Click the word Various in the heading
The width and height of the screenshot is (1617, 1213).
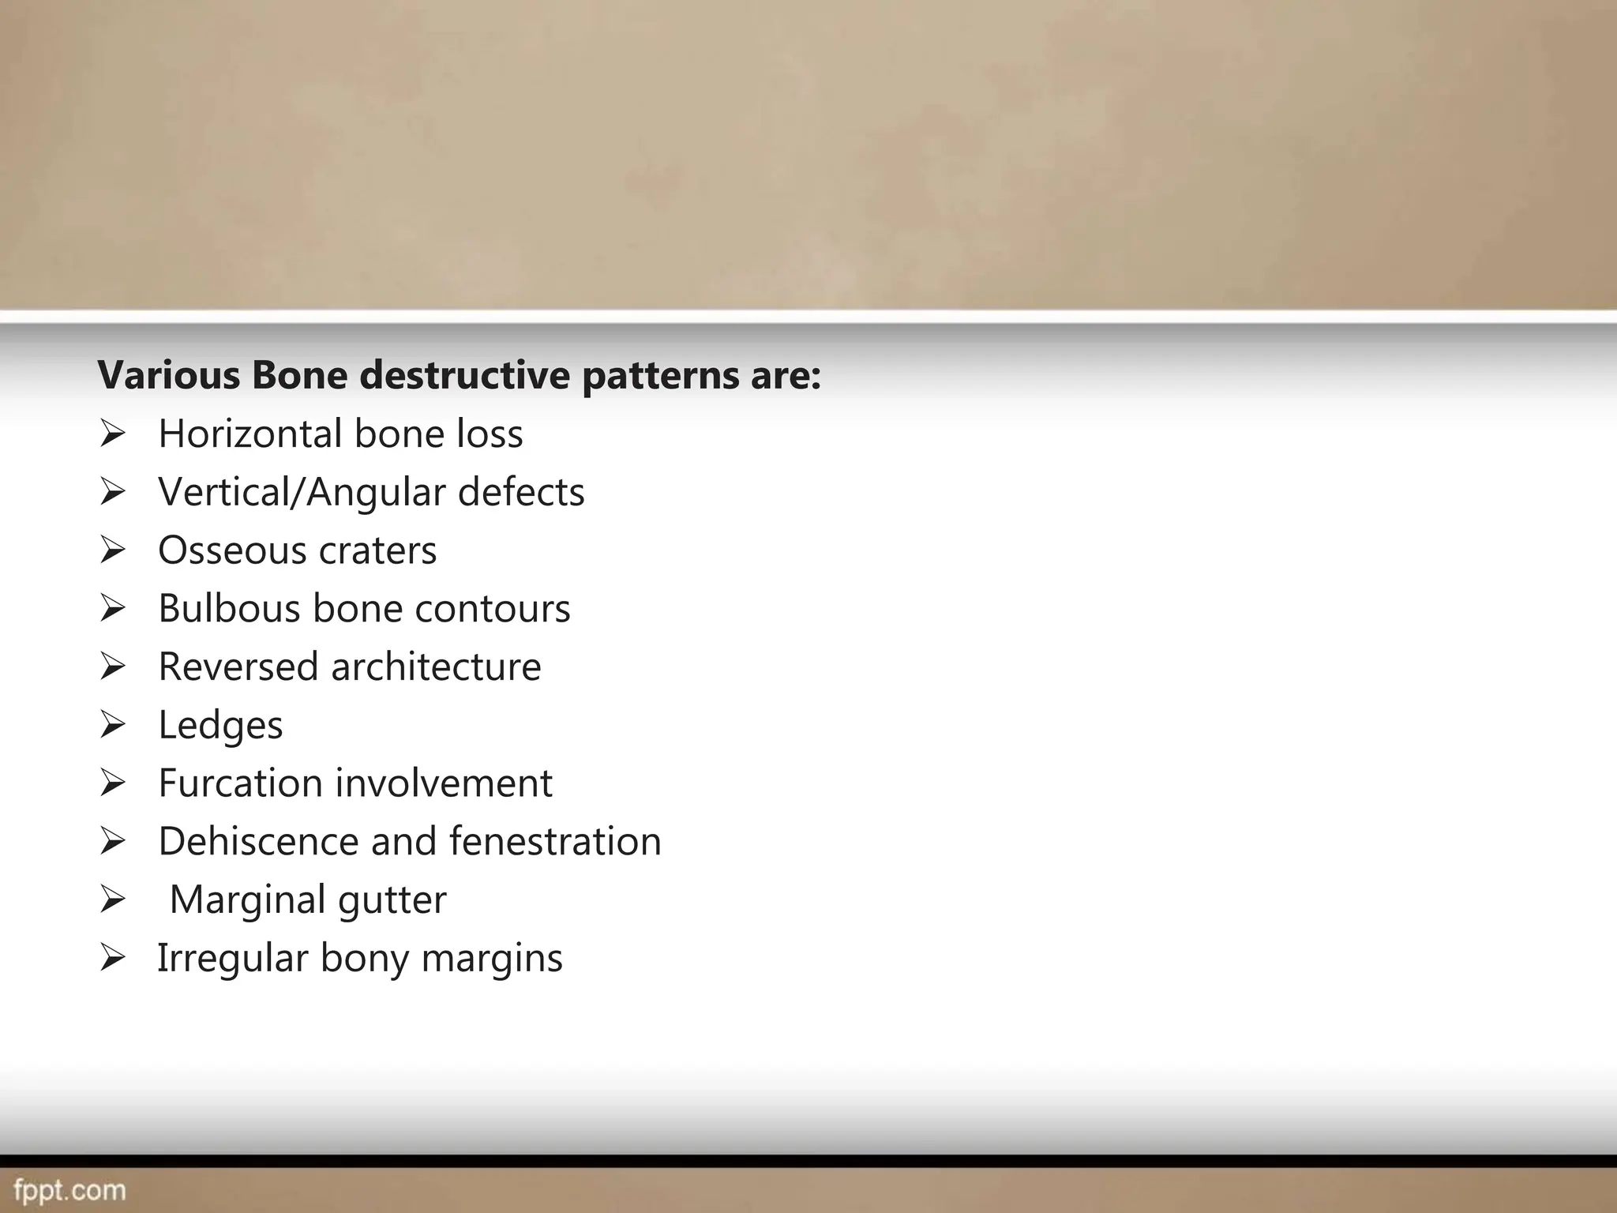tap(168, 375)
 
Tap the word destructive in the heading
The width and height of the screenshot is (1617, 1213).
tap(464, 375)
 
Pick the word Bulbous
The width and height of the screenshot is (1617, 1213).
tap(229, 609)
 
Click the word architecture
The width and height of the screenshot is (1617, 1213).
tap(436, 667)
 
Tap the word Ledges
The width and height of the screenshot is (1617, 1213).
tap(220, 726)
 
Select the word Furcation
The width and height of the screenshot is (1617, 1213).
tap(240, 783)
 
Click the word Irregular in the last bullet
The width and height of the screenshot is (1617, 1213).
tap(232, 958)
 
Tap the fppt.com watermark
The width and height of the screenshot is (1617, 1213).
tap(69, 1190)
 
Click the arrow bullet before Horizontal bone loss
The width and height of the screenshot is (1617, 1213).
tap(113, 434)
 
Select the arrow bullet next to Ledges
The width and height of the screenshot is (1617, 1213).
tap(113, 725)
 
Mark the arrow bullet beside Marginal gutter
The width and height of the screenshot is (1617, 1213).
tap(113, 900)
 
